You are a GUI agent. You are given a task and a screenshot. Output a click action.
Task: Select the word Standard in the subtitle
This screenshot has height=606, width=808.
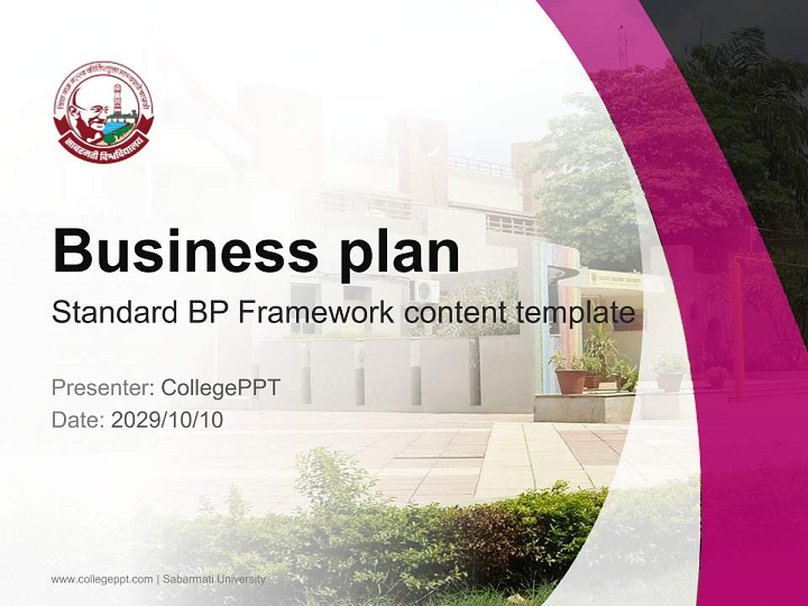113,313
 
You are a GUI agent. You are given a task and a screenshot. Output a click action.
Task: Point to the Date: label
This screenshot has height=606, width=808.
78,419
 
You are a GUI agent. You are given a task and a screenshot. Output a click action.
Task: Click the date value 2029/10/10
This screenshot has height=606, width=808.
167,419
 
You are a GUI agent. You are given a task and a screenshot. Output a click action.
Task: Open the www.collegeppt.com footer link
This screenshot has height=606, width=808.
102,579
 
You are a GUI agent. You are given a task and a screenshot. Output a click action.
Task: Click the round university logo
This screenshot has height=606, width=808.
104,111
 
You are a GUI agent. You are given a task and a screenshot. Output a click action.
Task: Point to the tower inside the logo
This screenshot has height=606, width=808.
119,97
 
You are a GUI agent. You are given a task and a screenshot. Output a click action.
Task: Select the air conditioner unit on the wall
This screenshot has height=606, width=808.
423,291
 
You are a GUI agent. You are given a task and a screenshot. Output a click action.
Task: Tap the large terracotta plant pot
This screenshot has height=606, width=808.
570,380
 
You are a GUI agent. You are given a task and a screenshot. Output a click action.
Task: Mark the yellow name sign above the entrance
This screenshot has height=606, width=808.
614,277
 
